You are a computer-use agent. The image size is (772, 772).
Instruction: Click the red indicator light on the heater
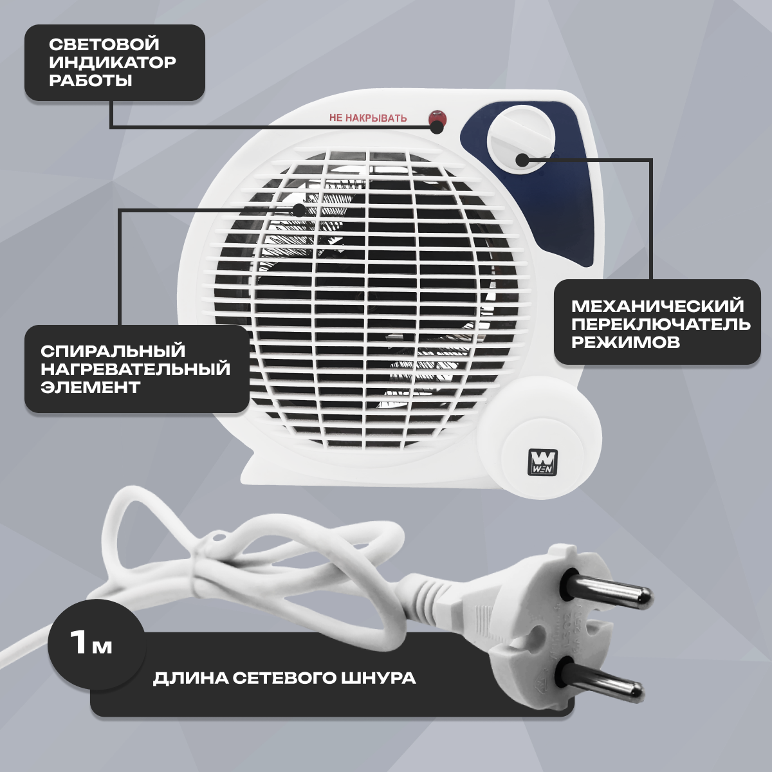click(437, 117)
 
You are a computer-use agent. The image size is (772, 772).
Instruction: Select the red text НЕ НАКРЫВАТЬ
click(368, 118)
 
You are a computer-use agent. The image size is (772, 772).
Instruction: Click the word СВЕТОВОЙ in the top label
click(104, 44)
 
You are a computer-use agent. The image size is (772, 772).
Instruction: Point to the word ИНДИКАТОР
click(112, 62)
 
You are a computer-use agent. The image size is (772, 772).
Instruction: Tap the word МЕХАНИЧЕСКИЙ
click(657, 306)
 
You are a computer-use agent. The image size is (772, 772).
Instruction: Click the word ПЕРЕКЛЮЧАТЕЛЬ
click(661, 324)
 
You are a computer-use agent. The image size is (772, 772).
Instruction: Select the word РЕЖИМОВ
click(625, 342)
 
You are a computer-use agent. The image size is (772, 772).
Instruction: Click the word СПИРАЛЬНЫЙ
click(113, 351)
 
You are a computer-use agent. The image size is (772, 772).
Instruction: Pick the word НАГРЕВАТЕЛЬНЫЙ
click(135, 369)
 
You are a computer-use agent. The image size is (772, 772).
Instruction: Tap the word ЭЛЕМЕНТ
click(90, 387)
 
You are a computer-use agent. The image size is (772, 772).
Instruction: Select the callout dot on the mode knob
click(522, 160)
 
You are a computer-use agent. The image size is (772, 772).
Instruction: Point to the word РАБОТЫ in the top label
click(91, 80)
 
